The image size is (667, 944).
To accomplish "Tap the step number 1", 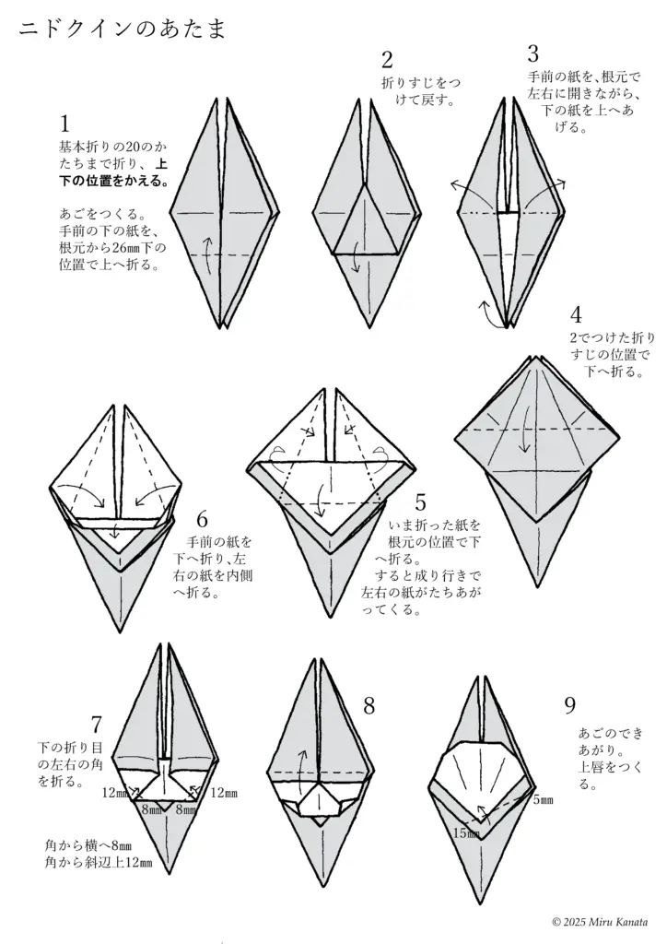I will [65, 124].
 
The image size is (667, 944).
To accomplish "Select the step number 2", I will [387, 61].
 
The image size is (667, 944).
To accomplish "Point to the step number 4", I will [576, 315].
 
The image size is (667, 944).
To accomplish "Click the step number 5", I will [420, 502].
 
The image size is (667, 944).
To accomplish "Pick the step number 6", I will [202, 519].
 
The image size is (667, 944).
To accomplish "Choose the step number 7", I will [97, 724].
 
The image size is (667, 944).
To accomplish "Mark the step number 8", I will [369, 706].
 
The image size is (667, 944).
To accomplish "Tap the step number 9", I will [569, 705].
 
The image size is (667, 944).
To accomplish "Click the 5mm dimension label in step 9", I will [543, 800].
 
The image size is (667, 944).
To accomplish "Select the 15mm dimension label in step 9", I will [467, 832].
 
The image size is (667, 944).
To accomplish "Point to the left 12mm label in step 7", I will [116, 792].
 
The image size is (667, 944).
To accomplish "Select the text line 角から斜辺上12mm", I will [98, 863].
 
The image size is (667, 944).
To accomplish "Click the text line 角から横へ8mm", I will [88, 844].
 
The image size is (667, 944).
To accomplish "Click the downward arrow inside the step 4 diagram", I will [524, 429].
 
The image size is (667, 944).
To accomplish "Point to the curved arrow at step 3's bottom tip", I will [485, 313].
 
